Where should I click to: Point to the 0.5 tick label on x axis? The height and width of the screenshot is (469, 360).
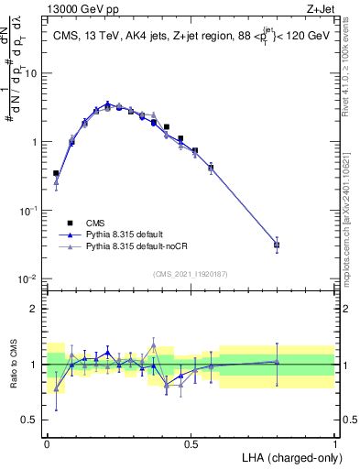[191, 442]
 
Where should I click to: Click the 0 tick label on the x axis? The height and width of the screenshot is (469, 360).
[47, 442]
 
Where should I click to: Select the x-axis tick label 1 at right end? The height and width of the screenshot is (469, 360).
[335, 442]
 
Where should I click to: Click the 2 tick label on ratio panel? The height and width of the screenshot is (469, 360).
[35, 308]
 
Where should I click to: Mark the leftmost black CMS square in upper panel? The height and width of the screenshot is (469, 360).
[56, 173]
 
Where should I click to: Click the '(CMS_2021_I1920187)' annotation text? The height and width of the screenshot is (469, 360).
[191, 274]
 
